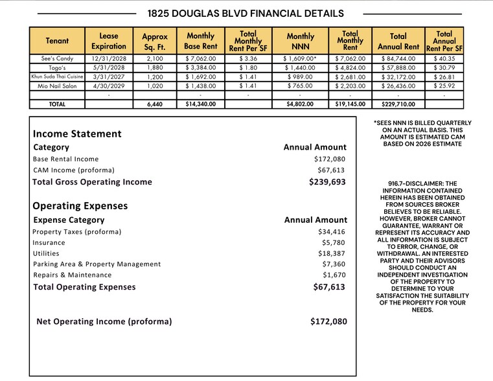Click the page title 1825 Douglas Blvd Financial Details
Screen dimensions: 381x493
click(246, 13)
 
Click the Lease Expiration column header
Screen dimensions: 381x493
click(109, 41)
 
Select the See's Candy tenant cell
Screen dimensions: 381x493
click(57, 58)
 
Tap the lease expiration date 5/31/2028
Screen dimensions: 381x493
click(109, 67)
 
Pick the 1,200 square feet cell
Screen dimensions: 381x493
click(154, 76)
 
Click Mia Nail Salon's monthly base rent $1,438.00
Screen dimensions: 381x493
click(200, 86)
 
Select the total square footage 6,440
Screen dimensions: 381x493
click(154, 104)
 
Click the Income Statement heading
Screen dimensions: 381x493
click(77, 134)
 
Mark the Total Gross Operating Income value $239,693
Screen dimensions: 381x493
click(327, 182)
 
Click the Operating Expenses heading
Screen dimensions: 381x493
click(80, 206)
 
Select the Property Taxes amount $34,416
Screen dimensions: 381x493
click(332, 231)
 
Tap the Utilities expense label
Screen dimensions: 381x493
click(46, 253)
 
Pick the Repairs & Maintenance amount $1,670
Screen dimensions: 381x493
click(334, 275)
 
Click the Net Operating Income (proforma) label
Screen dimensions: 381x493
click(104, 321)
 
